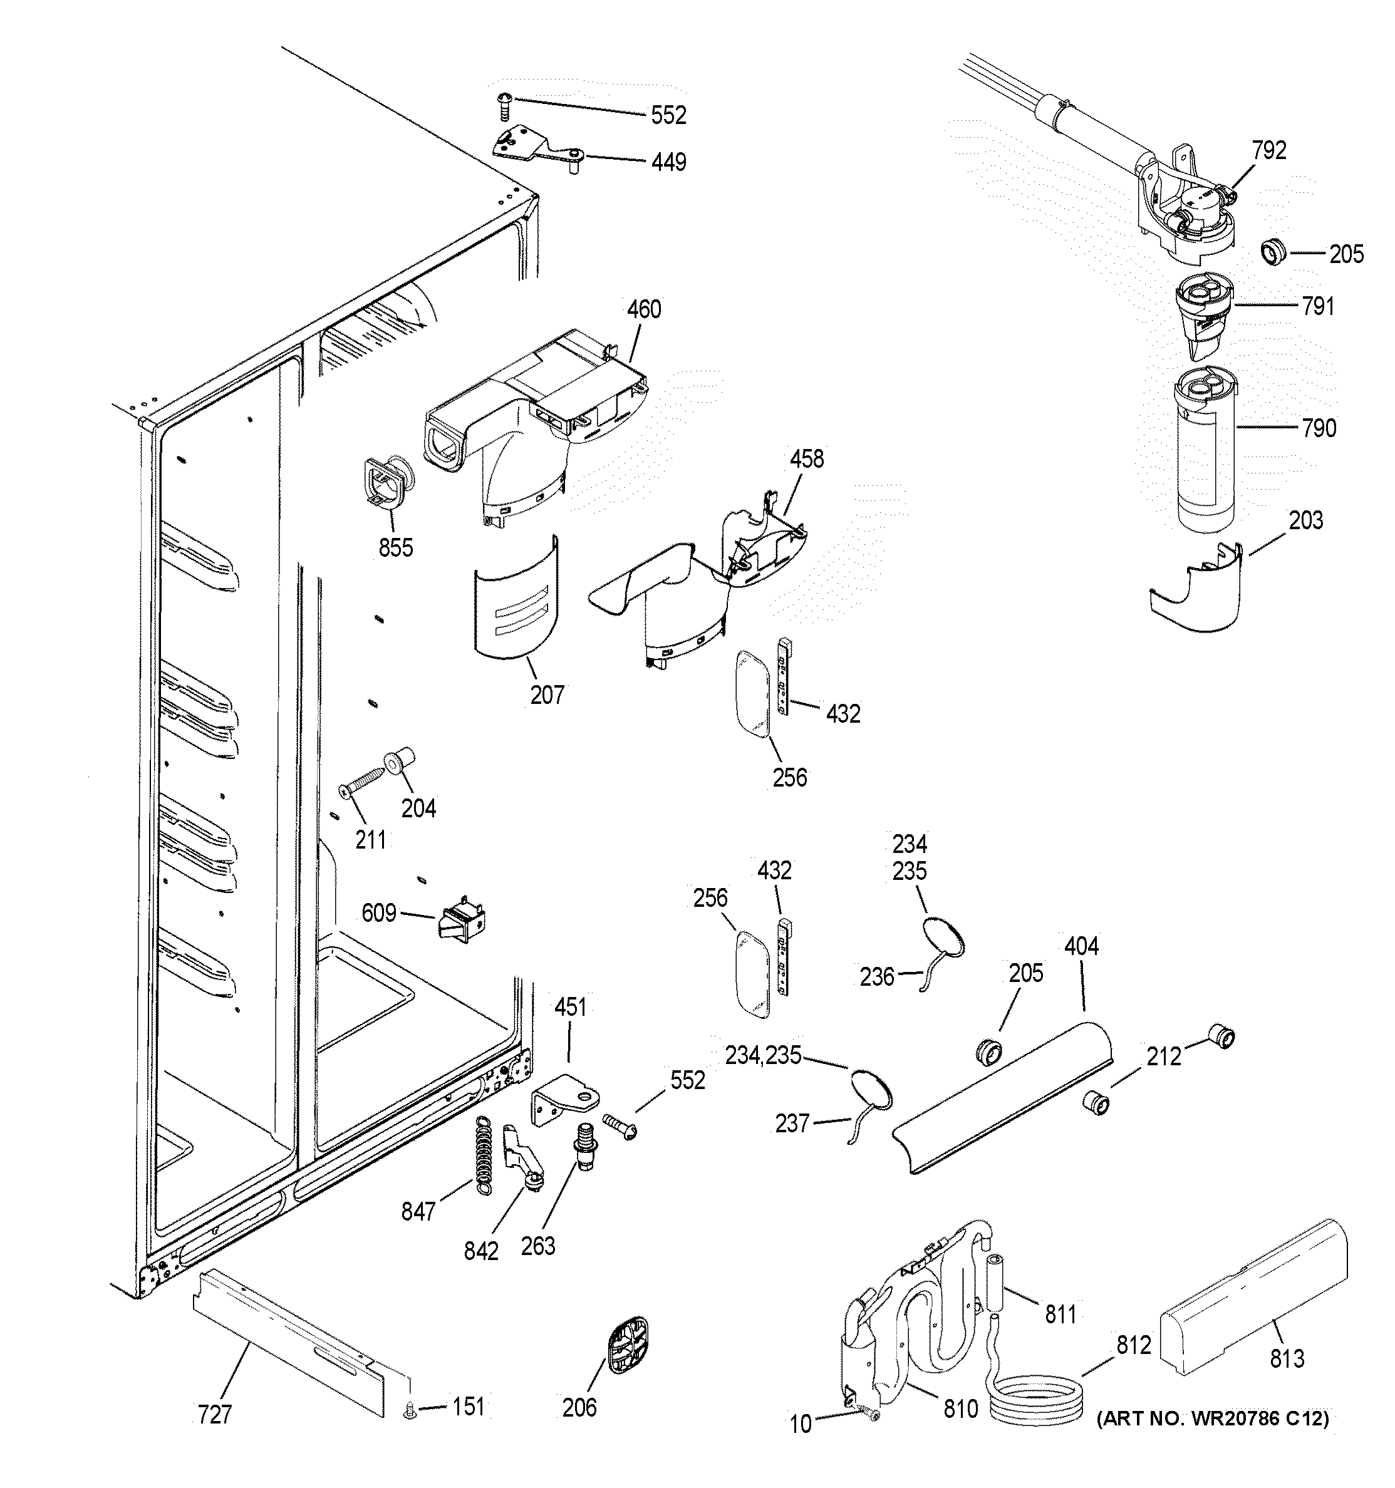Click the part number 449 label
(x=668, y=162)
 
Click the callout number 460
(x=644, y=309)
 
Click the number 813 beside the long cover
(x=1287, y=1358)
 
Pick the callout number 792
(x=1268, y=150)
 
